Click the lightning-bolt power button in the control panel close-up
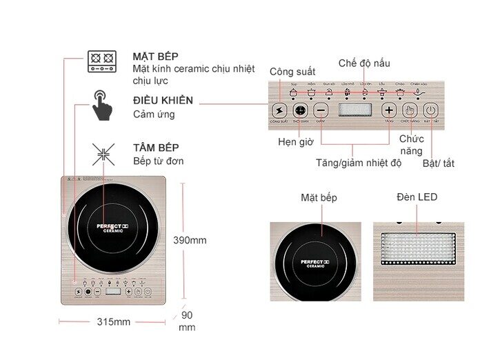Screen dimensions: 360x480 click(x=279, y=110)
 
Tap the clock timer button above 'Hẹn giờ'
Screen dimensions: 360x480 click(x=300, y=110)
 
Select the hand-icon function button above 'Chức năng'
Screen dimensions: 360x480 click(x=410, y=110)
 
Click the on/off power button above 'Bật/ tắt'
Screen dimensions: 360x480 click(x=431, y=110)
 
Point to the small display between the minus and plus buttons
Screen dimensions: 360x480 click(x=355, y=110)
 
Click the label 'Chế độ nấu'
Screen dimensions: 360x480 click(x=364, y=63)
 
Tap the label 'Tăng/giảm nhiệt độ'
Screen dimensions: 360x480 click(x=353, y=163)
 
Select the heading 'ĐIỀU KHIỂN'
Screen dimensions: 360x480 click(x=163, y=101)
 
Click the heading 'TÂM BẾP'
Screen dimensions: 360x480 click(x=156, y=148)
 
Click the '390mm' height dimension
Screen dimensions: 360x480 click(x=189, y=241)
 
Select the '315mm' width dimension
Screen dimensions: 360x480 click(x=114, y=322)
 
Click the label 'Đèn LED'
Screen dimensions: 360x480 click(x=417, y=197)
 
